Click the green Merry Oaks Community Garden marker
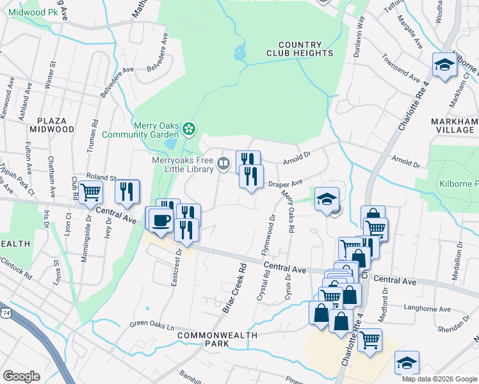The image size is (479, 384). tap(189, 130)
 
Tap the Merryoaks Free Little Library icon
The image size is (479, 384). tap(223, 163)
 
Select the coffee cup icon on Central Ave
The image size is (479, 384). tap(159, 220)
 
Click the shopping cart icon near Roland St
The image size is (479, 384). tap(90, 190)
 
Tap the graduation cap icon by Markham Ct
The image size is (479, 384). tap(444, 65)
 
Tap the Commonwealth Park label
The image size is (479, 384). tap(217, 339)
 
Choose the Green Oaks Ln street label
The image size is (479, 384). tap(152, 324)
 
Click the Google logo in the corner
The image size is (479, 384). tap(21, 376)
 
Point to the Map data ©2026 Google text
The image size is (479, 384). tap(438, 379)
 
